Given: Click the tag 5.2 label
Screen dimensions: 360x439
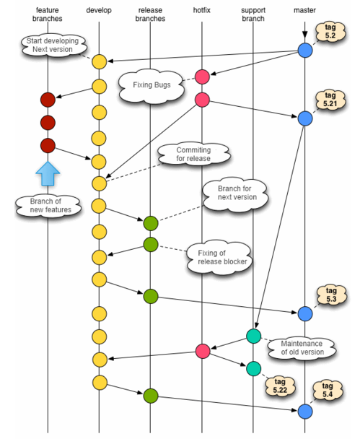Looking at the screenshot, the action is pyautogui.click(x=330, y=32).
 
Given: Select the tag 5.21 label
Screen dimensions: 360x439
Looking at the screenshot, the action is pyautogui.click(x=330, y=100).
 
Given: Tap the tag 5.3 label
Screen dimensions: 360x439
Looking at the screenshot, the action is pyautogui.click(x=331, y=295).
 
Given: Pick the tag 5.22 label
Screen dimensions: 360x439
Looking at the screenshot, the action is pyautogui.click(x=280, y=386).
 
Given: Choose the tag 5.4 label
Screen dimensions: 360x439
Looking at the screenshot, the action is pyautogui.click(x=328, y=391).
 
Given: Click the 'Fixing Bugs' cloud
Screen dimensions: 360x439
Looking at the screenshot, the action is pyautogui.click(x=152, y=85).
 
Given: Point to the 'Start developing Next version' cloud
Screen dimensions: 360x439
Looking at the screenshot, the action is pyautogui.click(x=53, y=45).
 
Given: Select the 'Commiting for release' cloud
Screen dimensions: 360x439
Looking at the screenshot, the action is pyautogui.click(x=193, y=155).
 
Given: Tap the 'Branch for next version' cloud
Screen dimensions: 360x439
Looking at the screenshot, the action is pyautogui.click(x=235, y=194).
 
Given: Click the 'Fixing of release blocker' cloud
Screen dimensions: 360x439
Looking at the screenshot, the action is pyautogui.click(x=220, y=258).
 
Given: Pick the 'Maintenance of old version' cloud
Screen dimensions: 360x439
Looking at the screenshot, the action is pyautogui.click(x=302, y=348).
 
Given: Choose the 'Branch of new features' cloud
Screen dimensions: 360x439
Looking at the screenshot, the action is pyautogui.click(x=48, y=206).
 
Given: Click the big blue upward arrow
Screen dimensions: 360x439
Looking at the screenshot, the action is pyautogui.click(x=48, y=173).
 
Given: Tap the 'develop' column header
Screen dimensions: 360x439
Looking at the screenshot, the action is pyautogui.click(x=99, y=10).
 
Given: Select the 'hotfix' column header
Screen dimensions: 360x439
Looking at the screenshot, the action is pyautogui.click(x=202, y=10).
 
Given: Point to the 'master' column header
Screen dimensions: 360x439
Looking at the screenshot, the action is pyautogui.click(x=304, y=10).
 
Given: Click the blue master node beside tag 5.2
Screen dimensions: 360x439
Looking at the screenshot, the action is pyautogui.click(x=305, y=51).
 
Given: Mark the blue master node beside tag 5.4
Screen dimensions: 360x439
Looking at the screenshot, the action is pyautogui.click(x=305, y=412).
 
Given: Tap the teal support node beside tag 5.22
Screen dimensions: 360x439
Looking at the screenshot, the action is pyautogui.click(x=254, y=368).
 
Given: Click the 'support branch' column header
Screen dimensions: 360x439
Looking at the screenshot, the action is pyautogui.click(x=253, y=14).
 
